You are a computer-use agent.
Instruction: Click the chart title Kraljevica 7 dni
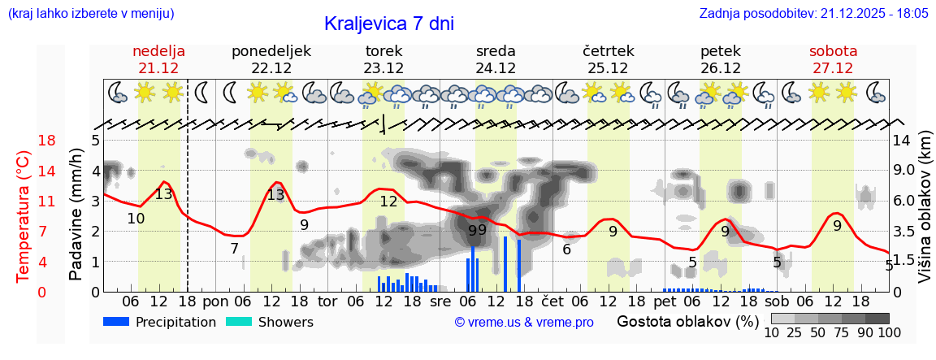tap(388, 24)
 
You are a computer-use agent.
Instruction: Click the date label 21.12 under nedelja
tap(158, 68)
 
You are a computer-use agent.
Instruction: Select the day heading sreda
tap(496, 51)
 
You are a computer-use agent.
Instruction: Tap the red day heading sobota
tap(833, 51)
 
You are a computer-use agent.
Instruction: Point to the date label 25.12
tap(608, 68)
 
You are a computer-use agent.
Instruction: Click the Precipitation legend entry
tap(160, 322)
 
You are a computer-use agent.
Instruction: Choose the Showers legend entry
tap(271, 322)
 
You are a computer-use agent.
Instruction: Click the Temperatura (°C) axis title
tap(23, 216)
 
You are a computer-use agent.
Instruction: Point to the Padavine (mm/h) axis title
tap(76, 215)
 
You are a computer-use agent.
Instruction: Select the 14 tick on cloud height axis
tap(902, 141)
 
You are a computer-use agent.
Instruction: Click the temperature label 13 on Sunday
tap(163, 194)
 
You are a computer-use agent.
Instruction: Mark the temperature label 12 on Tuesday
tap(388, 202)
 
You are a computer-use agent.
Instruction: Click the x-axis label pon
tap(215, 301)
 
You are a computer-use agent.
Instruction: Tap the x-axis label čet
tap(552, 301)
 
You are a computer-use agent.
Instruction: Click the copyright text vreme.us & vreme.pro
tap(524, 323)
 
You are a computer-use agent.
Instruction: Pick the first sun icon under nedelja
tap(145, 92)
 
